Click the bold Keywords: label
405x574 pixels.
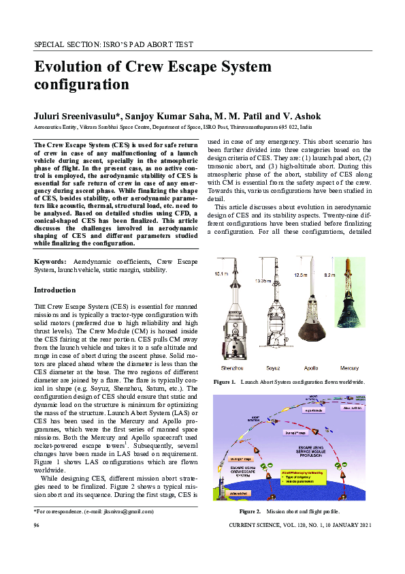pos(50,262)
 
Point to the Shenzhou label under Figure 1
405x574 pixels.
pos(233,366)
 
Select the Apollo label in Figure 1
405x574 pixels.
pos(310,366)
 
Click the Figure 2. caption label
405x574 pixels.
pos(250,511)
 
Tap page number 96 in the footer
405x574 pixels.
pos(38,527)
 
